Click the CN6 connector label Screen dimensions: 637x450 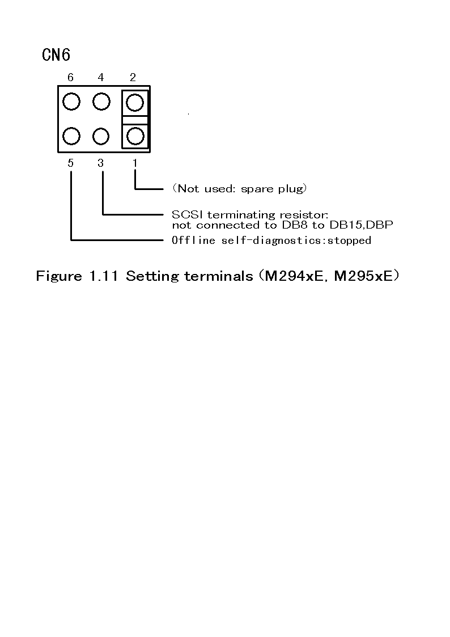click(56, 55)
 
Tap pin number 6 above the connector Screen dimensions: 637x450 click(70, 78)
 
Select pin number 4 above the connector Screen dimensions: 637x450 click(101, 78)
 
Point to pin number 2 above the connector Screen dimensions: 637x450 click(133, 78)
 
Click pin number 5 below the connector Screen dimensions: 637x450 click(70, 163)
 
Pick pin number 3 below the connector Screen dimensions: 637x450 click(101, 163)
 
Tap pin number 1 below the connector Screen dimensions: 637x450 click(135, 163)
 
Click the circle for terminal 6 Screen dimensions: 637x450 click(71, 102)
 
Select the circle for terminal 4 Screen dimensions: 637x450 click(101, 102)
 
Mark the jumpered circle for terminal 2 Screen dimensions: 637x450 click(135, 103)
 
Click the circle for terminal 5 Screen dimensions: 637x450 click(71, 136)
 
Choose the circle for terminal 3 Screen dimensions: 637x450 click(101, 136)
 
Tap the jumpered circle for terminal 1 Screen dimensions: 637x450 click(135, 136)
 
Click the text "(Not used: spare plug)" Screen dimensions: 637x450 click(239, 188)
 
